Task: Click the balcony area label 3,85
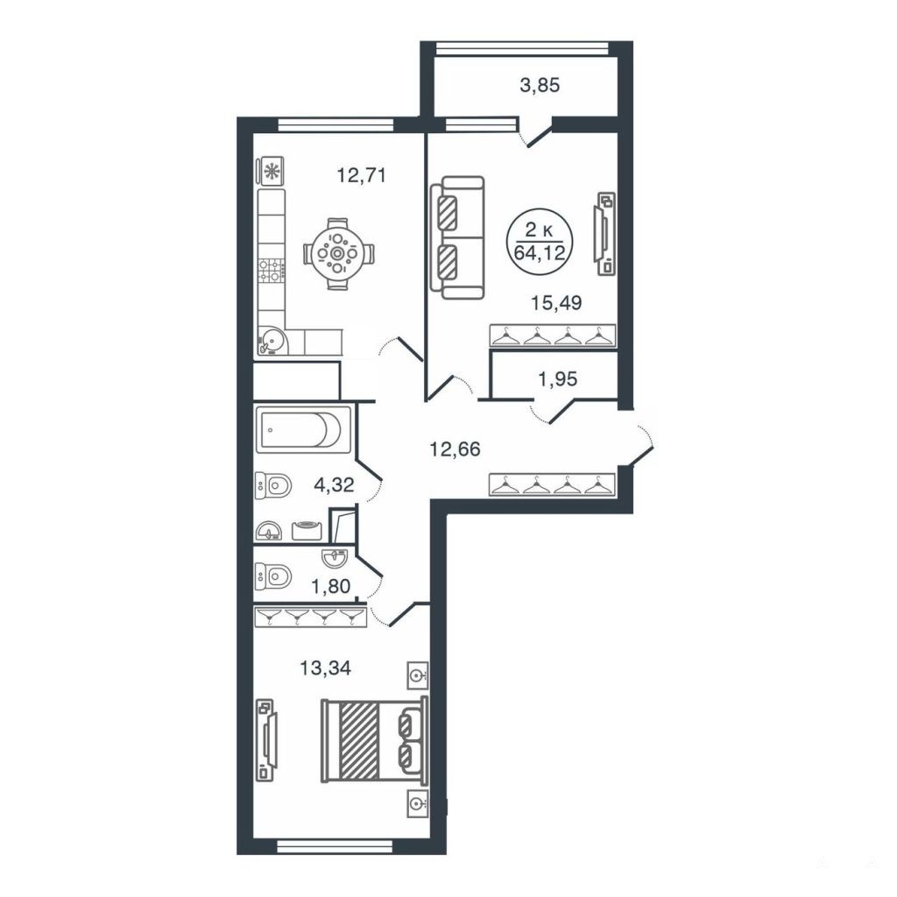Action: click(540, 86)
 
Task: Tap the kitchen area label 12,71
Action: click(361, 174)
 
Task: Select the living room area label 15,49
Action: click(556, 302)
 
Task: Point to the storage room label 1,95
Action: click(558, 378)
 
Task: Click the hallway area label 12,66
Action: click(456, 449)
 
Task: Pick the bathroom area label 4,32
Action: click(334, 485)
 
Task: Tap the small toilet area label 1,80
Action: click(330, 586)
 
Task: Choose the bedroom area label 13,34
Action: click(326, 667)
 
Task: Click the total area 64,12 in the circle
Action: click(540, 252)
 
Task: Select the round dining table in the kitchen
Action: click(337, 253)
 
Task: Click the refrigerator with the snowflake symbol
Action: click(272, 171)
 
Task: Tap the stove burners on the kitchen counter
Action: click(272, 271)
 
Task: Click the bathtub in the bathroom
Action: click(303, 429)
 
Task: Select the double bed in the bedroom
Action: click(374, 740)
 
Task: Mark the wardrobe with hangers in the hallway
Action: click(552, 484)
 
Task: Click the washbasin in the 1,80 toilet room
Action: click(335, 556)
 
